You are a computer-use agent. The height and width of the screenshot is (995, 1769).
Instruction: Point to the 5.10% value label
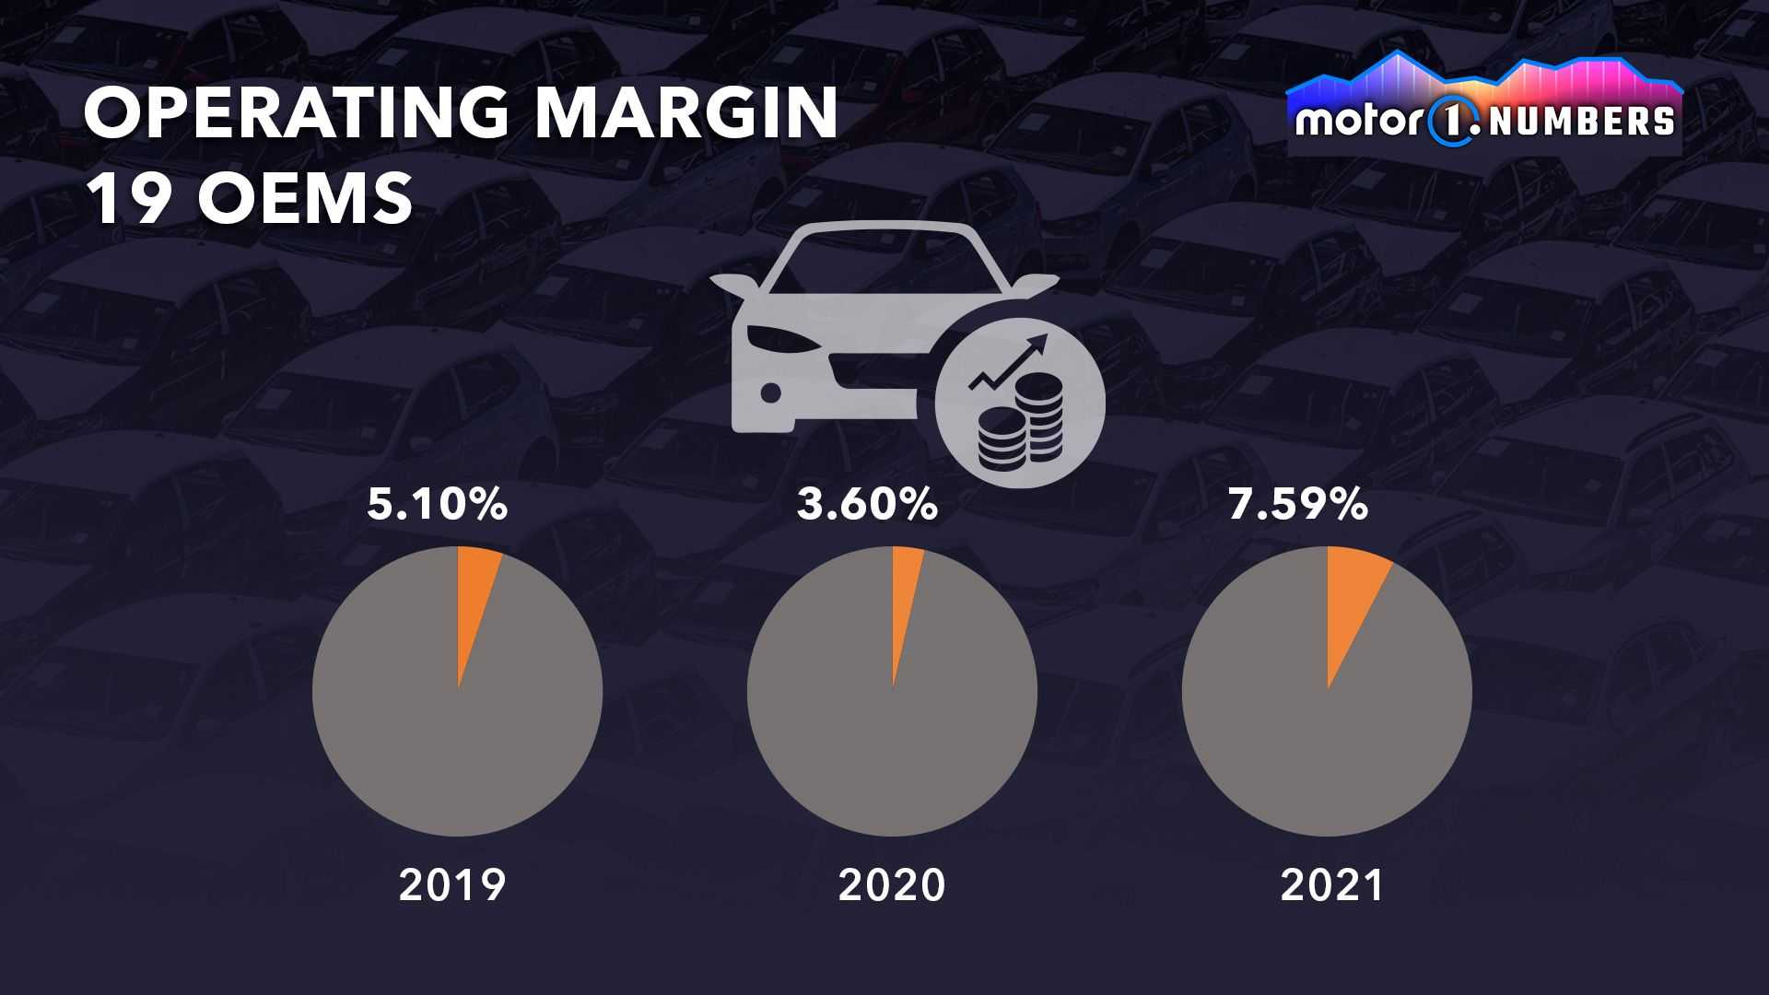pos(437,505)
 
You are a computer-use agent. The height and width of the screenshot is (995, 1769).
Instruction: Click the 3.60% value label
pos(867,505)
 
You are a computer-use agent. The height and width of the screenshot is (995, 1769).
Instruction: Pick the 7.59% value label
pos(1297,505)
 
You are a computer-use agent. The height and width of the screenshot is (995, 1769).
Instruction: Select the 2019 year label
pos(452,885)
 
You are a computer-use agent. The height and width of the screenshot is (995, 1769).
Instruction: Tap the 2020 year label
pos(892,885)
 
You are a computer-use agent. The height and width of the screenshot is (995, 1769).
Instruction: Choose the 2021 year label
pos(1332,885)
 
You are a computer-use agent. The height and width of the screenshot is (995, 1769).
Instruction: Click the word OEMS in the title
pos(305,197)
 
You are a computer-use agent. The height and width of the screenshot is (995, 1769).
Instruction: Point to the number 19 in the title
pos(130,197)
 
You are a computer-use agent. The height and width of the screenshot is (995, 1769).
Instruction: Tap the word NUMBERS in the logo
pos(1581,122)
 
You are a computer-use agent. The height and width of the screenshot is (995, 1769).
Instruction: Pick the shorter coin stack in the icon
pos(1001,439)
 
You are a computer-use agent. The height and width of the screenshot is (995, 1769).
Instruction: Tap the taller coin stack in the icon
pos(1041,415)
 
